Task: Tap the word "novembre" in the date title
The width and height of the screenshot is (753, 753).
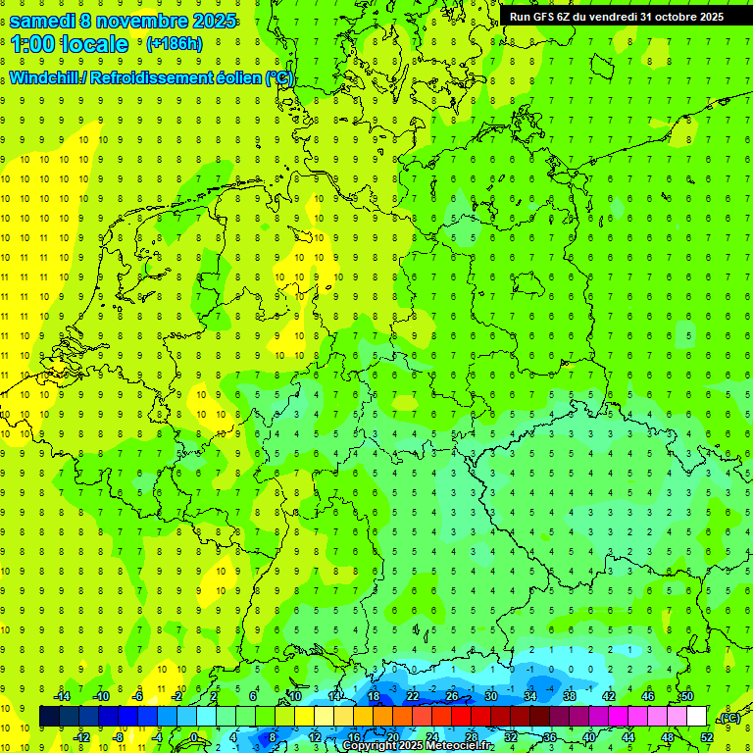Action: (140, 20)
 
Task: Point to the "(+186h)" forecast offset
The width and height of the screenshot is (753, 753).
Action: (175, 44)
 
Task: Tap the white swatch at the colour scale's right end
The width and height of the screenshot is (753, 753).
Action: (696, 717)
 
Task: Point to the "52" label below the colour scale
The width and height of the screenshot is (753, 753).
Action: (707, 737)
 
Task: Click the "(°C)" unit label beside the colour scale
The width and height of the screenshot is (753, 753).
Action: (728, 718)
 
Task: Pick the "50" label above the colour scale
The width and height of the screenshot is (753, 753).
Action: (687, 696)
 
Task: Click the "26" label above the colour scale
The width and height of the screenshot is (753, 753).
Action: (452, 696)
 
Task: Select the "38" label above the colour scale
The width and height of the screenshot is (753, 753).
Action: (570, 696)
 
